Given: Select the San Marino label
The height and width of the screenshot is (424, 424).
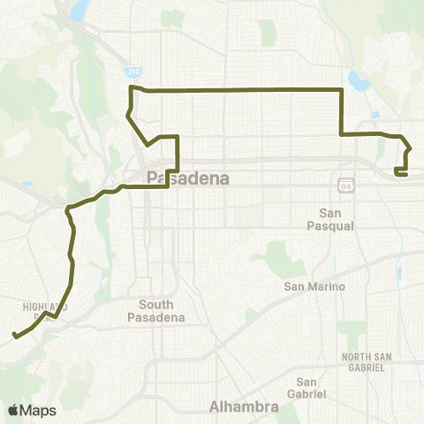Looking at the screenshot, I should (311, 287).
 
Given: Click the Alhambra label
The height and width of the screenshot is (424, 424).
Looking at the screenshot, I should (244, 407).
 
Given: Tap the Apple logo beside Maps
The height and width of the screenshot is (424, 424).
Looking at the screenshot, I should (13, 410).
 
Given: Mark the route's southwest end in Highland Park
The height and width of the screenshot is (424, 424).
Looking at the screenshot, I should (14, 336).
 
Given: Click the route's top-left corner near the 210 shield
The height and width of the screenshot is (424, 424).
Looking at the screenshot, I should (132, 88).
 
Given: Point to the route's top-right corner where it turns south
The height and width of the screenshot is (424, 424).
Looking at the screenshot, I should (342, 90).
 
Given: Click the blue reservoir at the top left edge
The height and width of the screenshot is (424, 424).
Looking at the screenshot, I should (78, 9).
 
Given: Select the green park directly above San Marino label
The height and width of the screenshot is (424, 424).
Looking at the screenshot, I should (281, 257).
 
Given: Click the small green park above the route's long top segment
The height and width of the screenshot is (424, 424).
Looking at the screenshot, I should (269, 33).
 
